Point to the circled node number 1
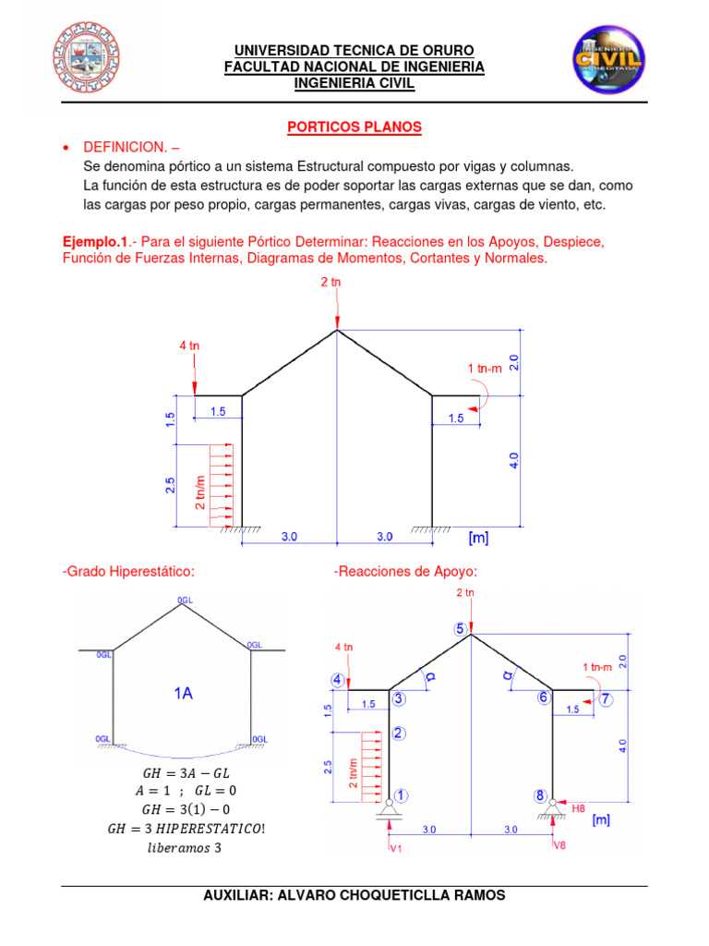click(403, 794)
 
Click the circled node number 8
click(539, 794)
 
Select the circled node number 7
click(606, 699)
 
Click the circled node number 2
click(398, 734)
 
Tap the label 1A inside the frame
click(182, 695)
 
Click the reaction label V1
click(395, 847)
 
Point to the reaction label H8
click(578, 808)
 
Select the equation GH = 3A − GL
click(182, 771)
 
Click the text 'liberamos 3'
click(182, 847)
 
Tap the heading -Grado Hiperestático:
click(128, 571)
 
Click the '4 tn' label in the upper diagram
click(189, 346)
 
